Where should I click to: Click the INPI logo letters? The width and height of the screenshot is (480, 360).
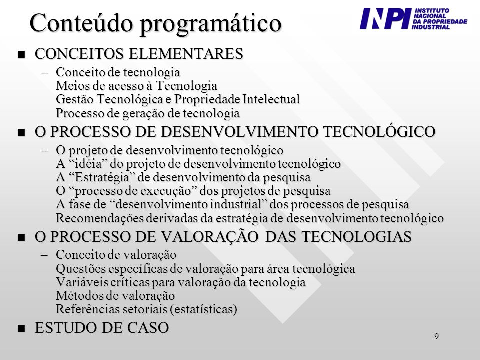385,18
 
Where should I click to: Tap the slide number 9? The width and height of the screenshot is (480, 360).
436,336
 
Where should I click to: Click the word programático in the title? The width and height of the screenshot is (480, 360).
211,24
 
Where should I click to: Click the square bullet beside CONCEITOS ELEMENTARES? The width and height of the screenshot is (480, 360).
21,55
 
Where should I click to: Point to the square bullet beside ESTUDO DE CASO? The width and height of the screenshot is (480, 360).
21,329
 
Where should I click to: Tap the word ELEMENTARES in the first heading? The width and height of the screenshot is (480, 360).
186,54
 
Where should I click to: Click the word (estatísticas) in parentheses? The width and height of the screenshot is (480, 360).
203,309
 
